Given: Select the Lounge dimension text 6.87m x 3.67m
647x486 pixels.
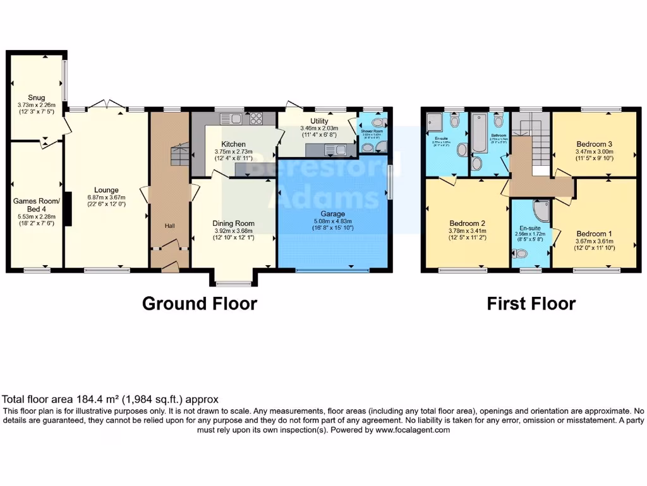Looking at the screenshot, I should (x=106, y=197).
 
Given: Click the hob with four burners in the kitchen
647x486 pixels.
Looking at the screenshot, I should (x=257, y=118).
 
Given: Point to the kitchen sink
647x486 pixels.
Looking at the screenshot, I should (x=228, y=118).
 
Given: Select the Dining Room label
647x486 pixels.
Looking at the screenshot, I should (x=233, y=223).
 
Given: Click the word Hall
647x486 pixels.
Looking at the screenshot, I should (x=170, y=225).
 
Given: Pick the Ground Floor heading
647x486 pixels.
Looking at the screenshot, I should (x=199, y=304).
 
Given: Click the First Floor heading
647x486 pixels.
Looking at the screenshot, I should (x=531, y=304).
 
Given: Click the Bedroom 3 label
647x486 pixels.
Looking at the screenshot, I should (x=594, y=144).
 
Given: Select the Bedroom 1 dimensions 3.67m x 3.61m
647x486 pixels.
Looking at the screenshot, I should (x=594, y=241).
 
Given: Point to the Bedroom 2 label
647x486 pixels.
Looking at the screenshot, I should (x=467, y=223).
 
